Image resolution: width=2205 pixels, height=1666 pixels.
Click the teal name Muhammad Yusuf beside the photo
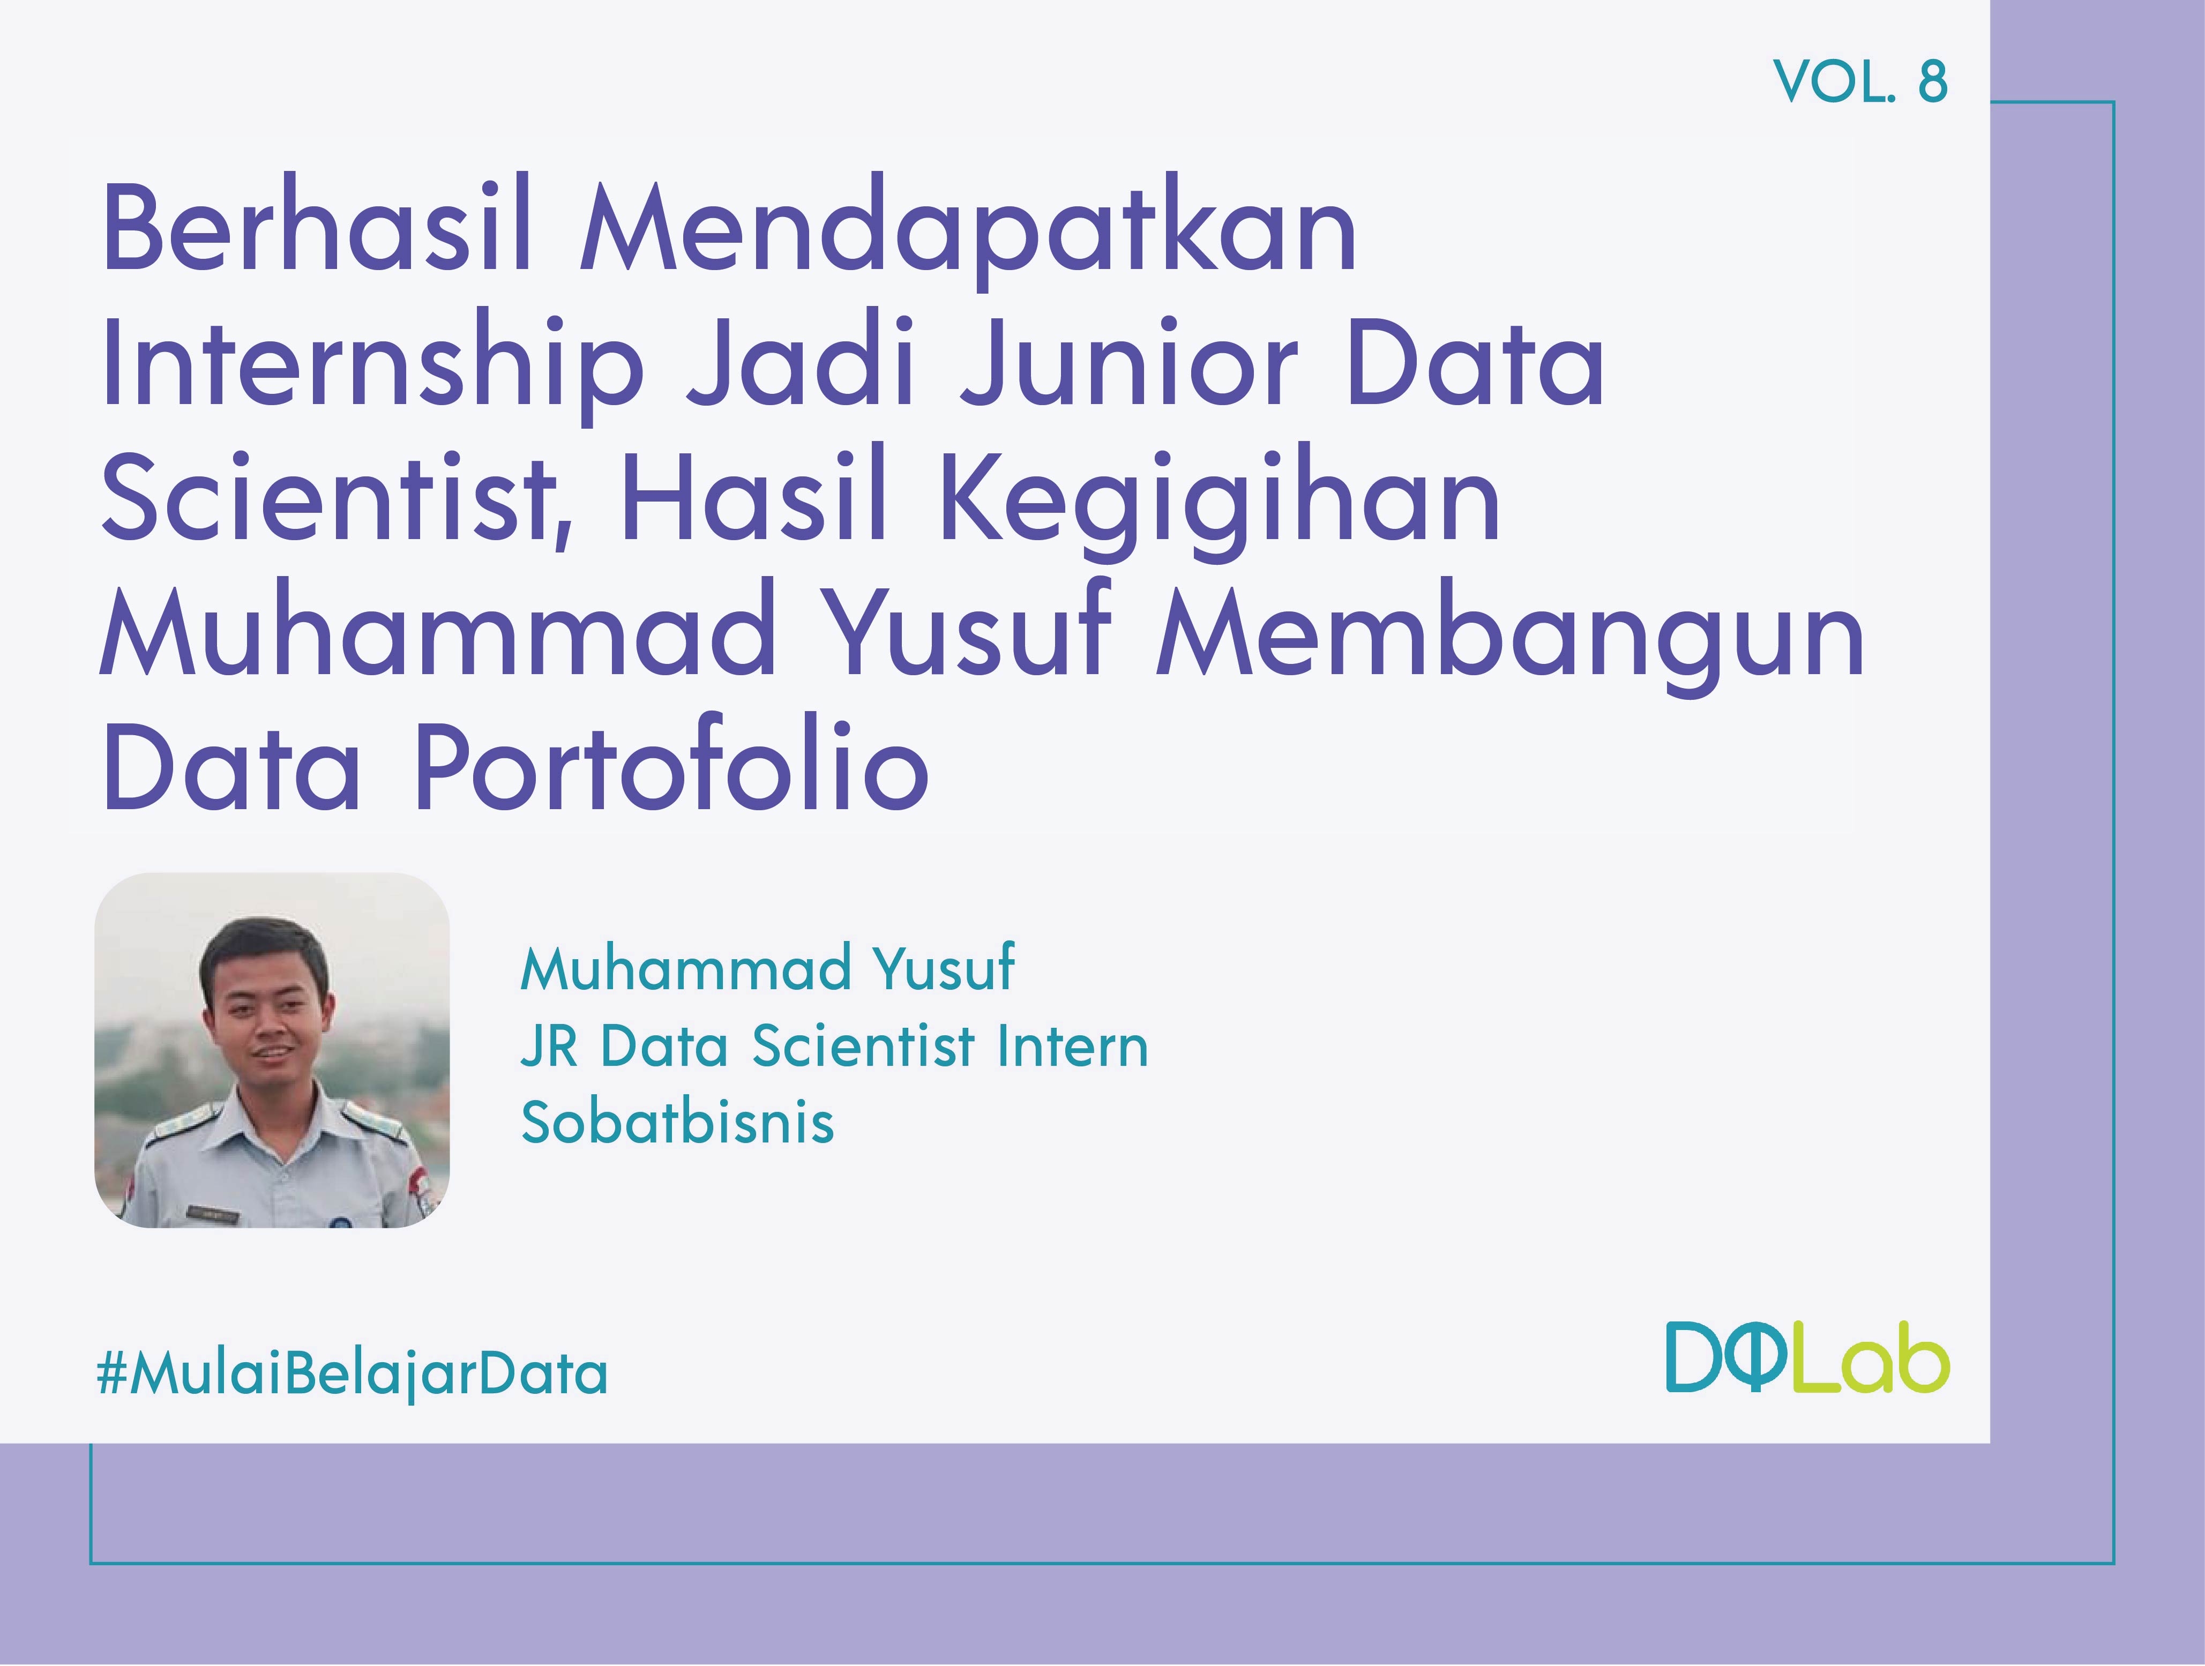tap(767, 968)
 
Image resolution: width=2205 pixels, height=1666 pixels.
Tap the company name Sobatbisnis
tap(677, 1123)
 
